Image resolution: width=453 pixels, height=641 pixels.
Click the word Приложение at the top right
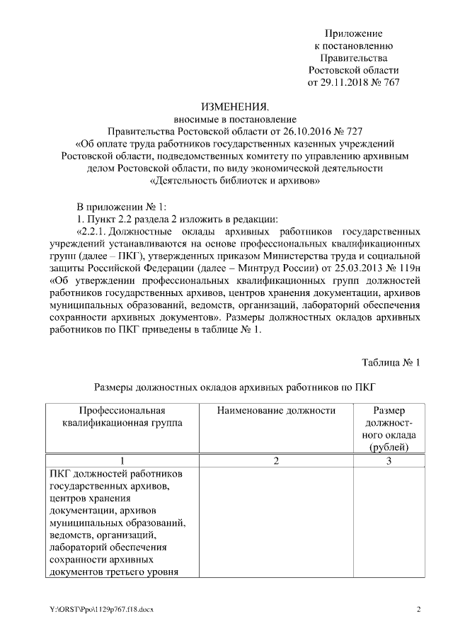(x=353, y=33)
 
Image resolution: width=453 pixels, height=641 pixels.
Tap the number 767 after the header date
(x=391, y=82)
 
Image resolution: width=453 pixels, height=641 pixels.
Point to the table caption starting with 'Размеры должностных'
(x=234, y=387)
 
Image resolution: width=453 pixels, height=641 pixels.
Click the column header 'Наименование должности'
(x=276, y=411)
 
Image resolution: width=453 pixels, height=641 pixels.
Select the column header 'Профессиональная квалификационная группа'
(x=122, y=416)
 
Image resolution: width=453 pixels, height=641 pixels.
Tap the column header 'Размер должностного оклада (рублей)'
(x=389, y=429)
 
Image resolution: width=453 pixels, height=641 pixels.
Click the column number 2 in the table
(x=276, y=460)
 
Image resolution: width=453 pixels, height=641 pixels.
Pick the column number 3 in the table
(x=389, y=460)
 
